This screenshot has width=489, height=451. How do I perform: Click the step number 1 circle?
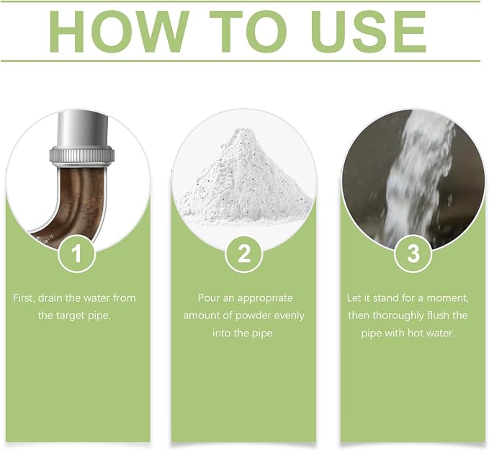(x=76, y=254)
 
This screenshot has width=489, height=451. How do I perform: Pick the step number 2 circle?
(x=244, y=254)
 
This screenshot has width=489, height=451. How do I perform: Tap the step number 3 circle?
(x=413, y=254)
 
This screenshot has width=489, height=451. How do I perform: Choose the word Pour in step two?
(x=209, y=298)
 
